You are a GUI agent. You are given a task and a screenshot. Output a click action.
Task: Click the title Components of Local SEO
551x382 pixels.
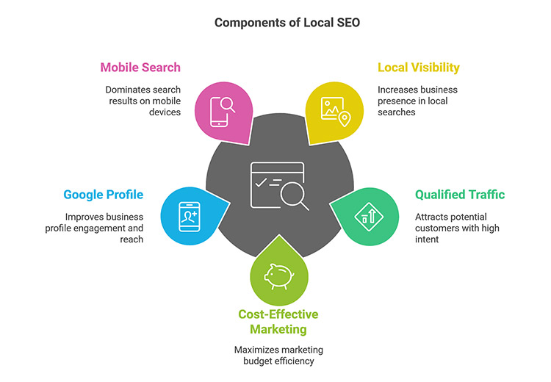click(x=276, y=23)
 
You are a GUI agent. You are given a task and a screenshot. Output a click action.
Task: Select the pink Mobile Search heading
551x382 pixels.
click(x=140, y=68)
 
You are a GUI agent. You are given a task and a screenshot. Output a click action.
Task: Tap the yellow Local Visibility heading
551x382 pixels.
click(x=419, y=68)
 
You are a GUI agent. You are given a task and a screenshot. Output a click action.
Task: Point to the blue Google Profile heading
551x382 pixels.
click(x=104, y=195)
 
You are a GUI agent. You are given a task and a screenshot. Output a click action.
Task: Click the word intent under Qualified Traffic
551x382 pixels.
click(x=428, y=239)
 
